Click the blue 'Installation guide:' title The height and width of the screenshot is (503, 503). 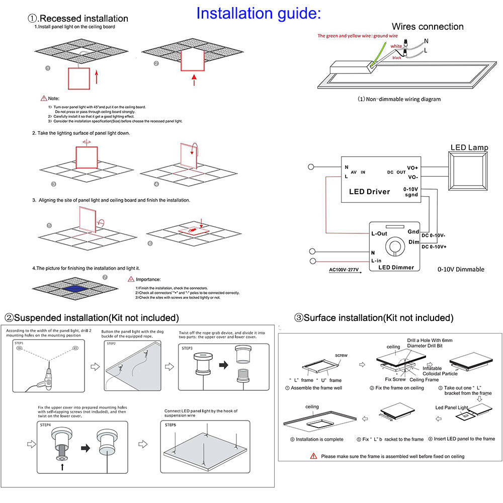pos(258,13)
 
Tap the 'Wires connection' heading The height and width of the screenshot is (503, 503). pos(428,27)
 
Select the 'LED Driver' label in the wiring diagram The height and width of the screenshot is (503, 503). pos(369,192)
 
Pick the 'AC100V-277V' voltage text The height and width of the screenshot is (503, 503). pos(344,270)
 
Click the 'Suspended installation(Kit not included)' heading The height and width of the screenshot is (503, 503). pos(92,318)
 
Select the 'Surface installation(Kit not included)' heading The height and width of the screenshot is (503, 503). pos(374,318)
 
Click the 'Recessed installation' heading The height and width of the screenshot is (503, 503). pos(78,19)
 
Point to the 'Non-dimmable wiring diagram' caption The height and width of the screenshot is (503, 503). pos(399,99)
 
